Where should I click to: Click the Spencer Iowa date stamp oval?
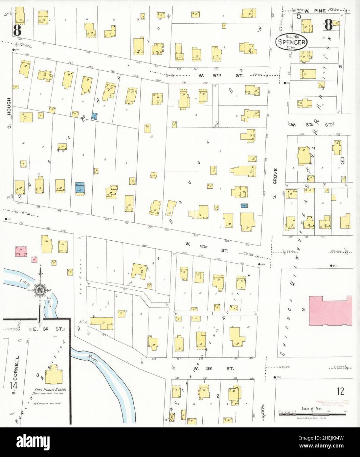(x=291, y=42)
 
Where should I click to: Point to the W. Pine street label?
(x=315, y=11)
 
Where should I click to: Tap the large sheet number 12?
(x=340, y=391)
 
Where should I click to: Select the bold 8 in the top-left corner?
(x=17, y=31)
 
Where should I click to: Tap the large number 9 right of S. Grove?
(x=342, y=161)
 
